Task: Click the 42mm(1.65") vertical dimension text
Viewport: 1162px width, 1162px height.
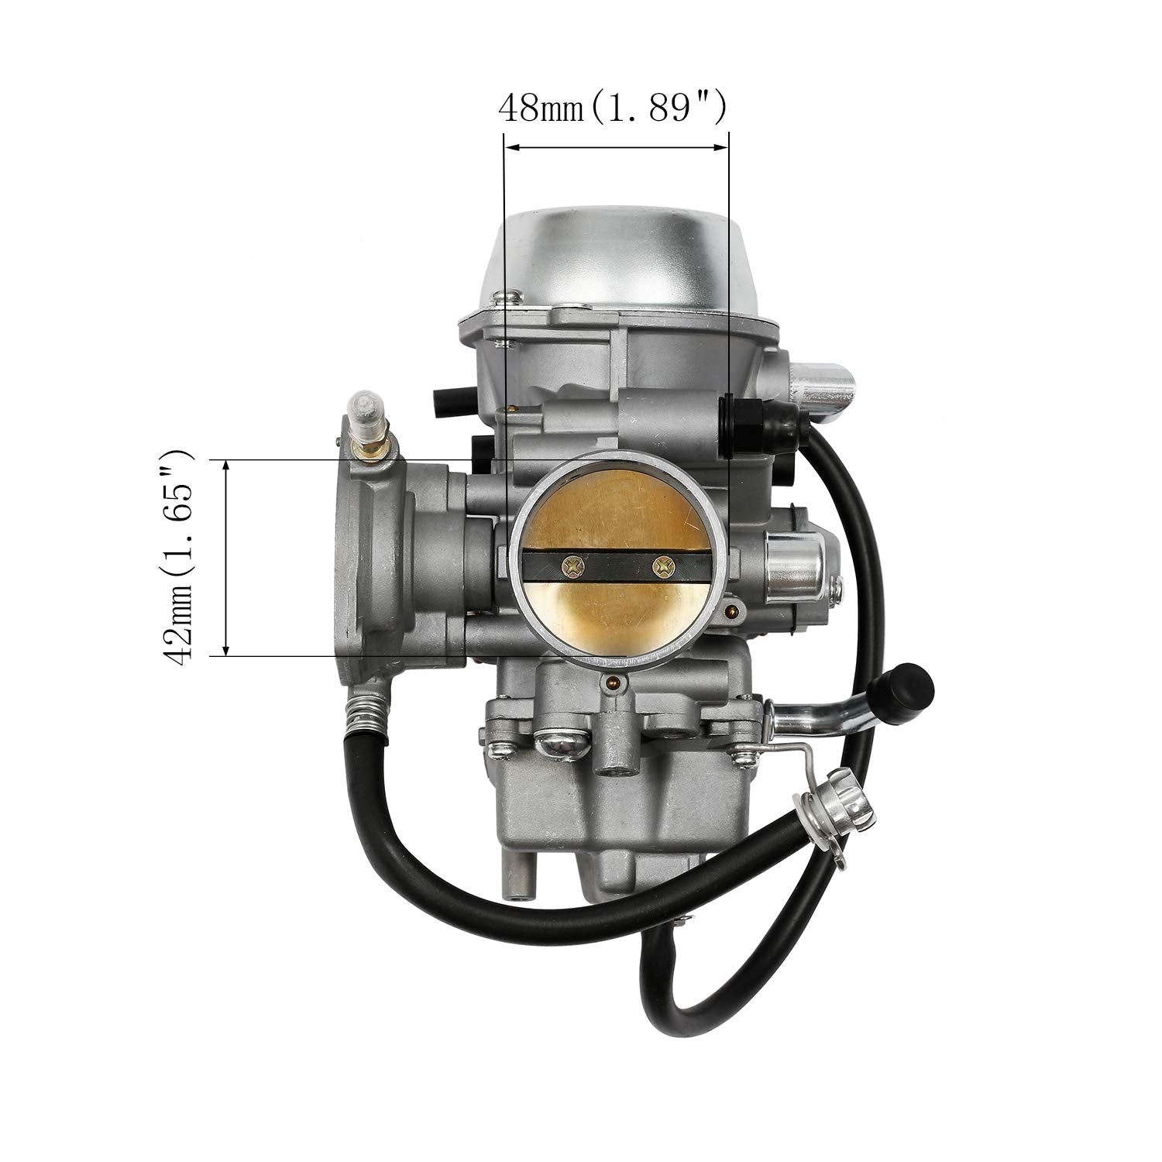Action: click(x=180, y=557)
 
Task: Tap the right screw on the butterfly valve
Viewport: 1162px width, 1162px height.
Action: click(x=661, y=567)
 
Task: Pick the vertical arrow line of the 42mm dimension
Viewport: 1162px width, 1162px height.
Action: click(x=226, y=557)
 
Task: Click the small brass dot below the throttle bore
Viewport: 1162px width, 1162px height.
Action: click(x=614, y=683)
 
